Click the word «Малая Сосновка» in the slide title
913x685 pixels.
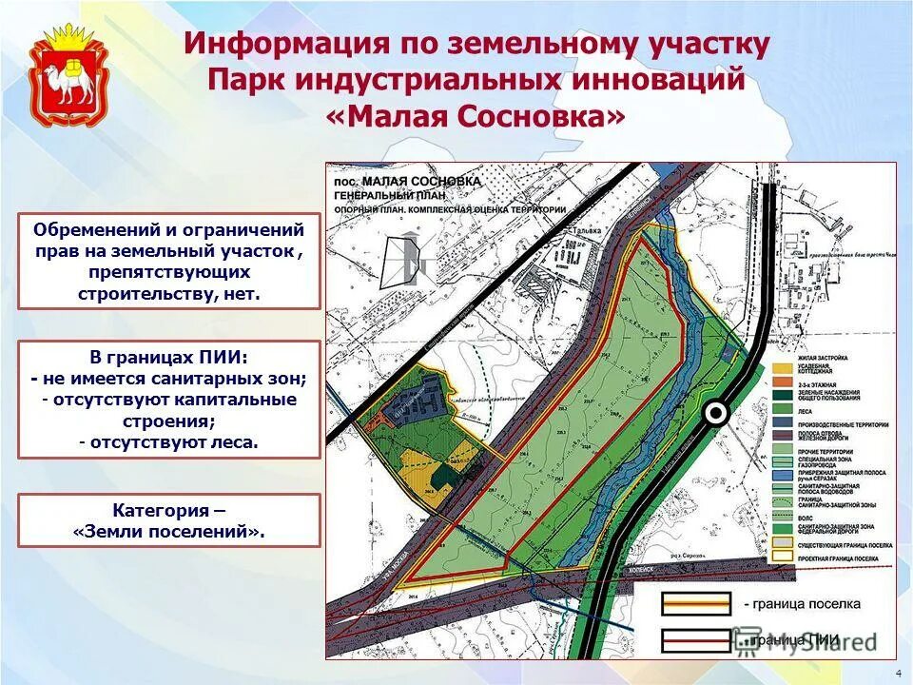[476, 117]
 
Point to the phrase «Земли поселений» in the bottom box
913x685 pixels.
[168, 532]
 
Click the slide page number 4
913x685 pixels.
[899, 673]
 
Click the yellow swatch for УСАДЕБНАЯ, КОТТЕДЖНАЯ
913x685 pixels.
[784, 367]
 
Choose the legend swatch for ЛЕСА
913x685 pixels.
[784, 408]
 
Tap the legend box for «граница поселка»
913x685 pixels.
[698, 602]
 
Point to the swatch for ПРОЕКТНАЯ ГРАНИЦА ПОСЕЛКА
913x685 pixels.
[784, 555]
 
